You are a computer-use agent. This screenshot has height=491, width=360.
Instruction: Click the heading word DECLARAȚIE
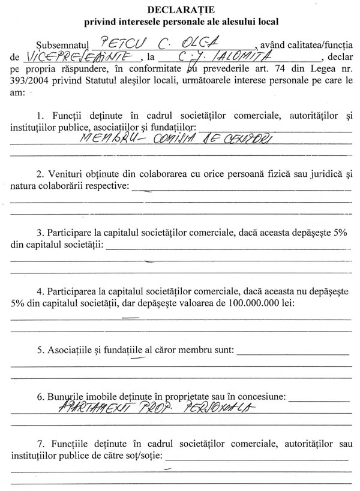(179, 10)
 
